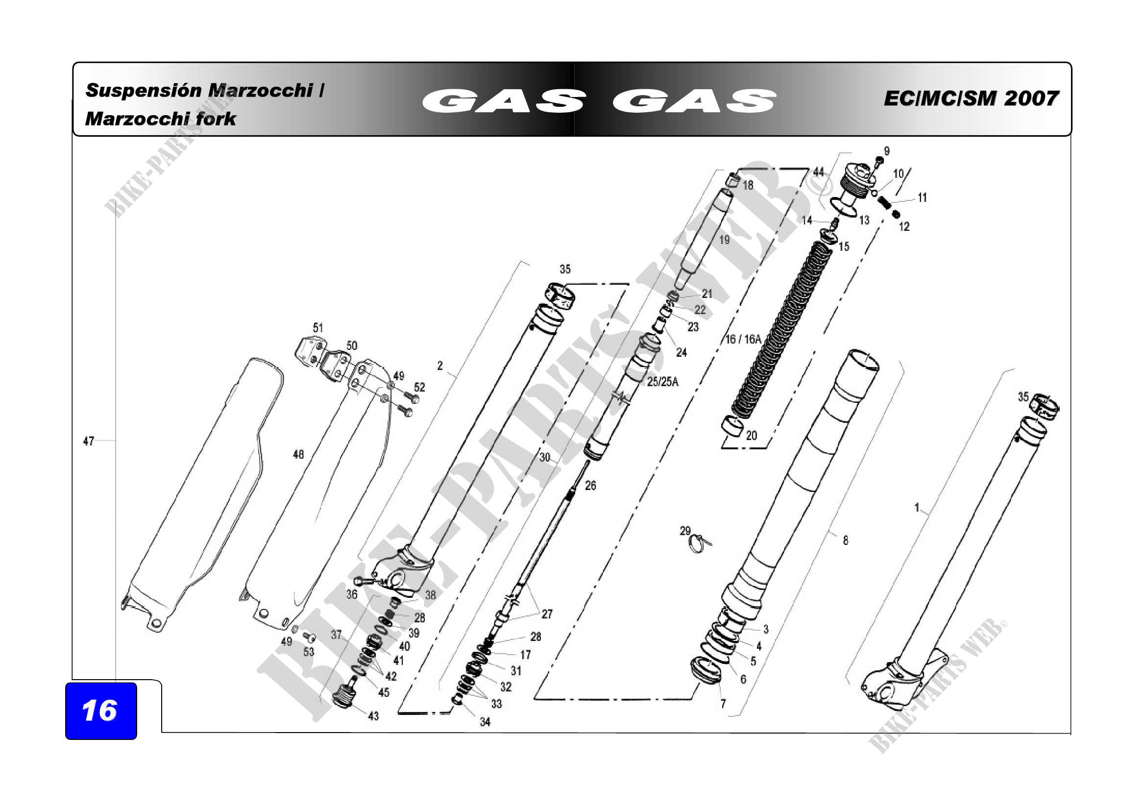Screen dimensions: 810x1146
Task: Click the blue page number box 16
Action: coord(101,711)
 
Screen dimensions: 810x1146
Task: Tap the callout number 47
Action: coord(88,441)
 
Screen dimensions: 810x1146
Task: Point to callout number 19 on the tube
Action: coord(724,240)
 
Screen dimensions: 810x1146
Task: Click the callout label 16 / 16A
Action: coord(743,340)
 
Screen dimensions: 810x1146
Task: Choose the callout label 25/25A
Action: coord(662,382)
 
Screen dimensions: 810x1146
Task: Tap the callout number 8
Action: coord(845,540)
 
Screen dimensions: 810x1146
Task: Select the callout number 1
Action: coord(916,508)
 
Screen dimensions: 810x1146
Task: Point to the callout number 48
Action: coord(298,454)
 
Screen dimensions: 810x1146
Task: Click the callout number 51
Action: coord(318,328)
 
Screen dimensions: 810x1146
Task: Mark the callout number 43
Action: coord(373,716)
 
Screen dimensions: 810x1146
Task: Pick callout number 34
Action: coord(485,722)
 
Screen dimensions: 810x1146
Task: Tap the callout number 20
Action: coord(751,436)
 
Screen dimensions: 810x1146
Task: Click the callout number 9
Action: coord(886,151)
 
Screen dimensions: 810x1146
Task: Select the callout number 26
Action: coord(590,486)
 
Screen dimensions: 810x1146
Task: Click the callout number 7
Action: coord(723,704)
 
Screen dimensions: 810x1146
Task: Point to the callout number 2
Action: coord(439,366)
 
